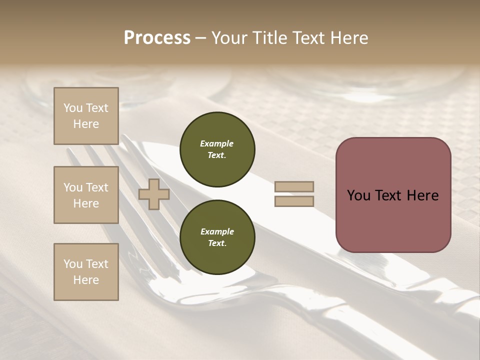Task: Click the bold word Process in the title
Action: point(157,38)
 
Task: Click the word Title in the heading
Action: point(269,38)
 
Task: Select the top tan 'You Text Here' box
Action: point(86,116)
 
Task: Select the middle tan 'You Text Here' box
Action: point(86,195)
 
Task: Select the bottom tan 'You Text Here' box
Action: point(86,271)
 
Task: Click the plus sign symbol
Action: point(154,194)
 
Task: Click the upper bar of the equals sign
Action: point(294,186)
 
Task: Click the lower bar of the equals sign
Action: point(294,201)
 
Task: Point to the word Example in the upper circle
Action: point(217,143)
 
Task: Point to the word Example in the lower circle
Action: point(217,231)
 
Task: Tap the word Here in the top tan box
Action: point(86,124)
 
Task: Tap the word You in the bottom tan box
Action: point(73,263)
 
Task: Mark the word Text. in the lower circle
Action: point(217,243)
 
